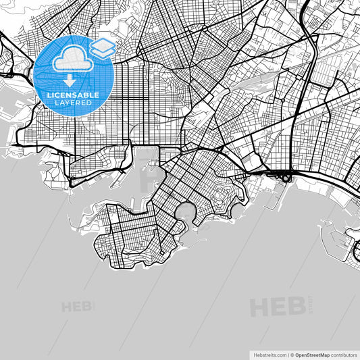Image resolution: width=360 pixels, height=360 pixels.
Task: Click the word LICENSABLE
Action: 72,95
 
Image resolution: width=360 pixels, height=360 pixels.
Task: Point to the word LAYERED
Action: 72,103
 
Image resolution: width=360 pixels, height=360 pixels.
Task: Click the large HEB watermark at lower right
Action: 277,307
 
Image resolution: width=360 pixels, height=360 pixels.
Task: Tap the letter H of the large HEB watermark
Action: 259,307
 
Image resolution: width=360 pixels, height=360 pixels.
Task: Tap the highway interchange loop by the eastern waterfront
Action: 288,178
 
